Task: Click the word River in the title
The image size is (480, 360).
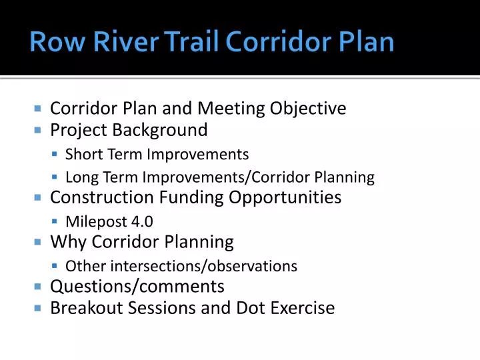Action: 117,42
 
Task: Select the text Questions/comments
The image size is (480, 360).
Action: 137,287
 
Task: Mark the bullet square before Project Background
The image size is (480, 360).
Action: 37,130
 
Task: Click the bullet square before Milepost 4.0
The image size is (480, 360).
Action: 55,222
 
